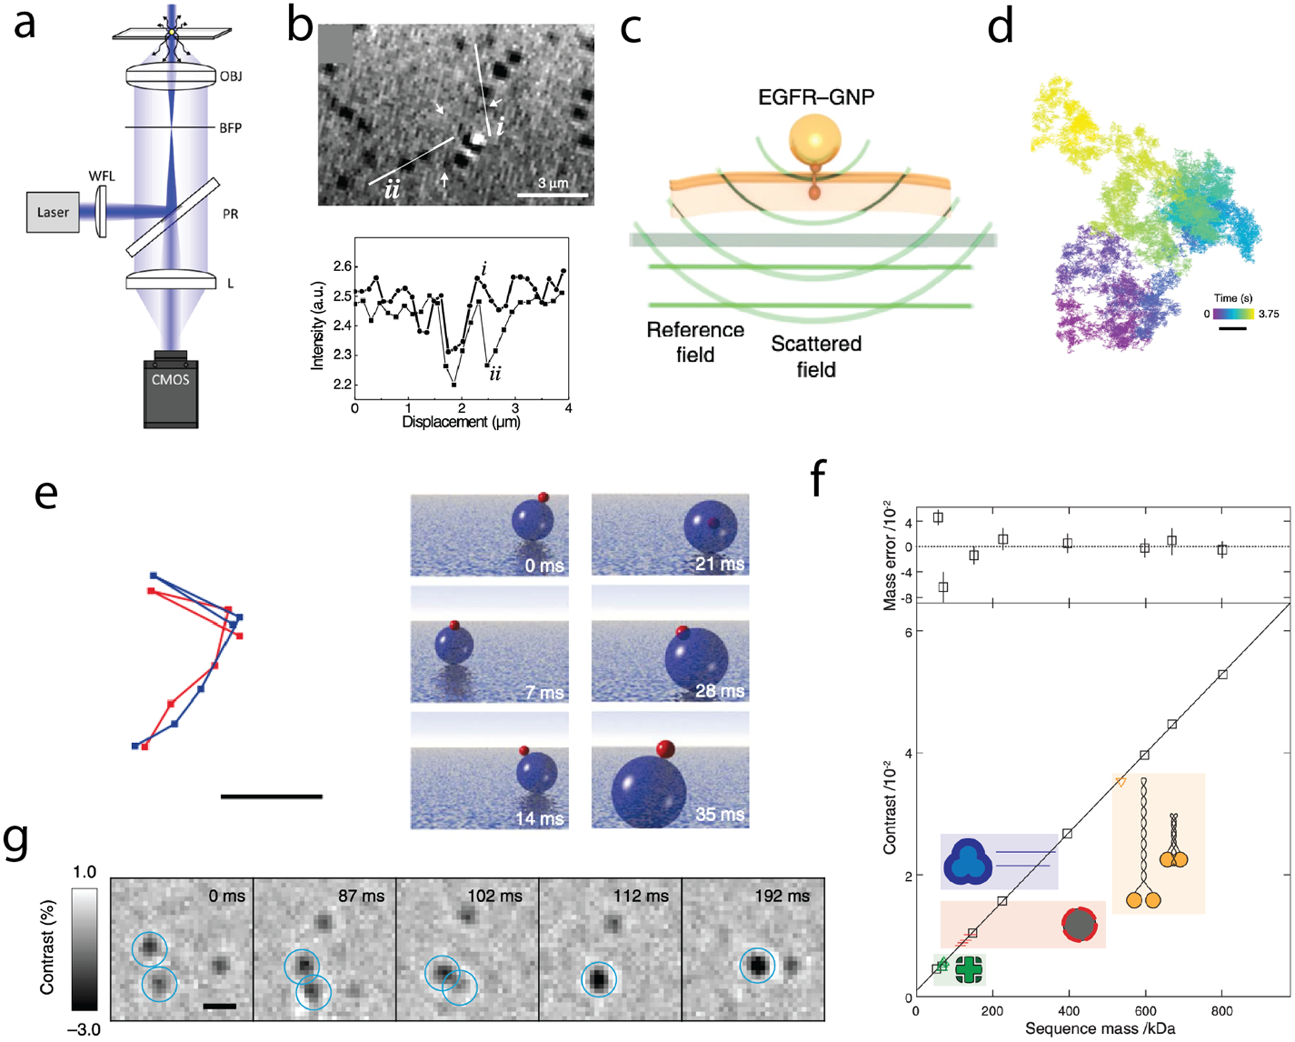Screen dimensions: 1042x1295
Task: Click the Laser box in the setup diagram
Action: [53, 212]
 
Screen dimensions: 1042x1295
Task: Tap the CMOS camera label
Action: [170, 380]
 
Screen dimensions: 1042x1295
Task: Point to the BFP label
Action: [230, 127]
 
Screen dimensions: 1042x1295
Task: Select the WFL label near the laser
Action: [102, 176]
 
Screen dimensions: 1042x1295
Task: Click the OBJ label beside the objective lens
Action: [231, 76]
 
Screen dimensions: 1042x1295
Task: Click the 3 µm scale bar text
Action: [553, 183]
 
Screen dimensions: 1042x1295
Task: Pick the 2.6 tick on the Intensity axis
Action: [342, 266]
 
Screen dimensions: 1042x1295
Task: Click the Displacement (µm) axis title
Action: [461, 422]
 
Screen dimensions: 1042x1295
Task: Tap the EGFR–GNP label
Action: [815, 97]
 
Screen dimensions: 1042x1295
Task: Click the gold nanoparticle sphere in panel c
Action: [815, 140]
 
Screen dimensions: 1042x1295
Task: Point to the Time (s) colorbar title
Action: [1233, 298]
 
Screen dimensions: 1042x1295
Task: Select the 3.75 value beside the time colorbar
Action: [1268, 314]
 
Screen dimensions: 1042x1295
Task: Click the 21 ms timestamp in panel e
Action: [720, 564]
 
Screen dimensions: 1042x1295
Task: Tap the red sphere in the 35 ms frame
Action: [665, 749]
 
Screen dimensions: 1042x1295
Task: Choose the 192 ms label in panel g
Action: [782, 896]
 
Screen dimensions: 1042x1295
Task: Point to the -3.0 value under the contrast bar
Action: [84, 1030]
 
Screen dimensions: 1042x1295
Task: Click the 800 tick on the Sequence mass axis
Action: [1221, 1011]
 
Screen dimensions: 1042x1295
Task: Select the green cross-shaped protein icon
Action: [969, 970]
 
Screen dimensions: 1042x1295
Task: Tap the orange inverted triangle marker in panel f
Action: [1120, 782]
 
